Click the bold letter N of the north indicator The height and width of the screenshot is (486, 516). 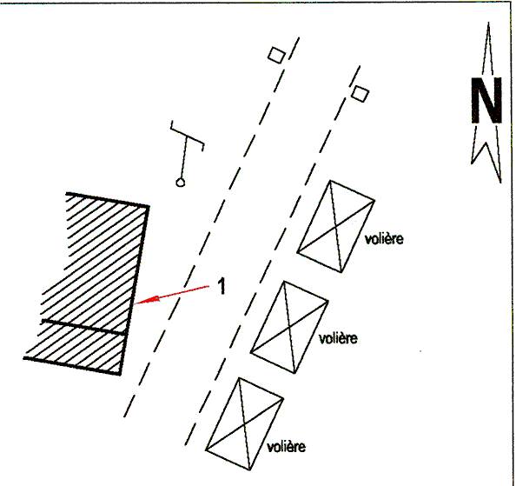pyautogui.click(x=486, y=101)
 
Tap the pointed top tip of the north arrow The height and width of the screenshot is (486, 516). pyautogui.click(x=488, y=23)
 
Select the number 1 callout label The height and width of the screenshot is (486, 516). pyautogui.click(x=222, y=286)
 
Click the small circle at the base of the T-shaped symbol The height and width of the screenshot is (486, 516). pyautogui.click(x=180, y=182)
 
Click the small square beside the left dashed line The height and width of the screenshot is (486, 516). pyautogui.click(x=276, y=55)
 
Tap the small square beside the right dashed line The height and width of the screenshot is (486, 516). pyautogui.click(x=360, y=94)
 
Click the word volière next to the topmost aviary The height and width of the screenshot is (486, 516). pyautogui.click(x=384, y=239)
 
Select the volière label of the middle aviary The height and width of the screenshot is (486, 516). pyautogui.click(x=338, y=338)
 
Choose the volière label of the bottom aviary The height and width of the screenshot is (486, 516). pyautogui.click(x=286, y=447)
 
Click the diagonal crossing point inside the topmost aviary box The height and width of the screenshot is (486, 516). pyautogui.click(x=336, y=227)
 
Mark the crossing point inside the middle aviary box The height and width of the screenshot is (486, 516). pyautogui.click(x=289, y=327)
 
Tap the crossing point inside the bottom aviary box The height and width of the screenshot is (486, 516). pyautogui.click(x=244, y=424)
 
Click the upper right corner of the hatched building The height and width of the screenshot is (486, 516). pyautogui.click(x=149, y=207)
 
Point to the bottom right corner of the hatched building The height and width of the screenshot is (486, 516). pyautogui.click(x=121, y=374)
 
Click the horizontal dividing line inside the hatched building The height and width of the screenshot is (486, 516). pyautogui.click(x=84, y=327)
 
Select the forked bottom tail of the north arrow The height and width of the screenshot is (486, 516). pyautogui.click(x=486, y=155)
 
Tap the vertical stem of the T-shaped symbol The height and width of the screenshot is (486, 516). pyautogui.click(x=183, y=157)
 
